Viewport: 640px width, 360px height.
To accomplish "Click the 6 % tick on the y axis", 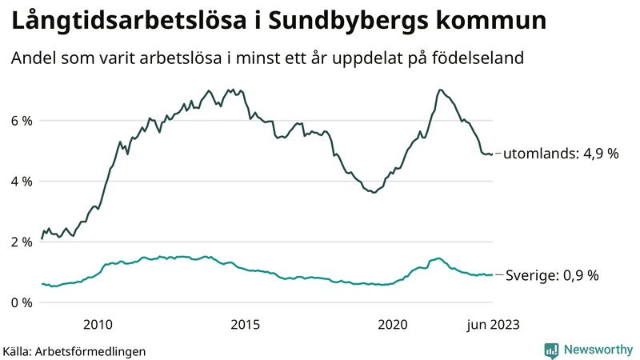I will click(21, 121).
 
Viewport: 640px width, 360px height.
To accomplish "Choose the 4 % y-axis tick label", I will click(21, 182).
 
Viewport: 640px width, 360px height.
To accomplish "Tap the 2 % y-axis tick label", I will click(21, 242).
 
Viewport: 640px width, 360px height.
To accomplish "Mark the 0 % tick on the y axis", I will click(21, 302).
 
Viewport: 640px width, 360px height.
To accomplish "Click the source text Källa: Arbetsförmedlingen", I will click(74, 350).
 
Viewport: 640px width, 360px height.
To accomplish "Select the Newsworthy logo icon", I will click(551, 350).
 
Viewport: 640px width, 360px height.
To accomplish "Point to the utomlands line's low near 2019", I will click(374, 193).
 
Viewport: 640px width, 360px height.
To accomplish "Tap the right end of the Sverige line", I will click(492, 275).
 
